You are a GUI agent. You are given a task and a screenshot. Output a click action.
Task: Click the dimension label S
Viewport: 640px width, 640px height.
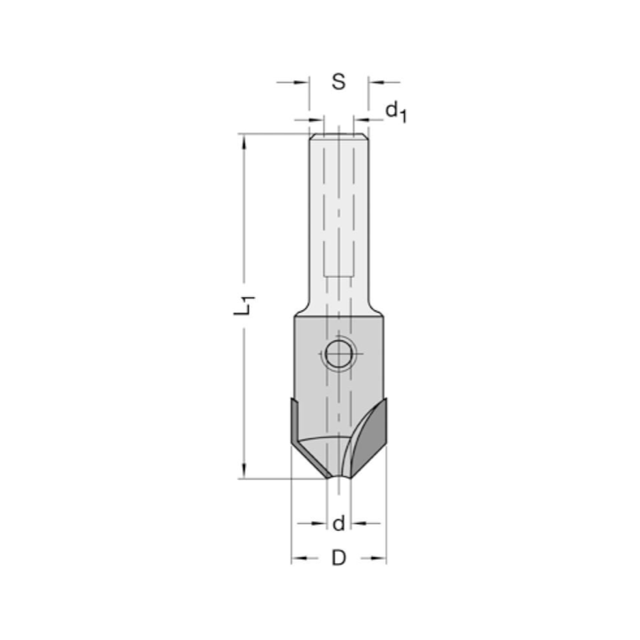click(339, 82)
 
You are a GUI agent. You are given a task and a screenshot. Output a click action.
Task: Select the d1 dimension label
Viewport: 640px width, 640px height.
click(396, 113)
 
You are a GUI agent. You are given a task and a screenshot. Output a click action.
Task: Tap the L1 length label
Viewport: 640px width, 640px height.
click(244, 303)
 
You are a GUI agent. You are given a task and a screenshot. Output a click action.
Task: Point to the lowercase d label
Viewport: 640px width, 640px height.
click(339, 524)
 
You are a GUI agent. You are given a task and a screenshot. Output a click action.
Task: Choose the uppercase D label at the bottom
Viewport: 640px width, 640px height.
click(339, 558)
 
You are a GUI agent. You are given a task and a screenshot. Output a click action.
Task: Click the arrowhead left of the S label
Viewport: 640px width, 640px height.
click(301, 82)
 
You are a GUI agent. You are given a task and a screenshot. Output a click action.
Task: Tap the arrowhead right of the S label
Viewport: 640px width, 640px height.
click(376, 82)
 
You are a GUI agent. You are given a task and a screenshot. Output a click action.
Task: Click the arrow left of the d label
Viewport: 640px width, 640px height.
click(319, 524)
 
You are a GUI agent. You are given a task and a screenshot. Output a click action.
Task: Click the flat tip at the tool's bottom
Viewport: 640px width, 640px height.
click(339, 477)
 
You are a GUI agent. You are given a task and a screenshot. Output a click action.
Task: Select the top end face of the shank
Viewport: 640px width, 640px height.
click(339, 134)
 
